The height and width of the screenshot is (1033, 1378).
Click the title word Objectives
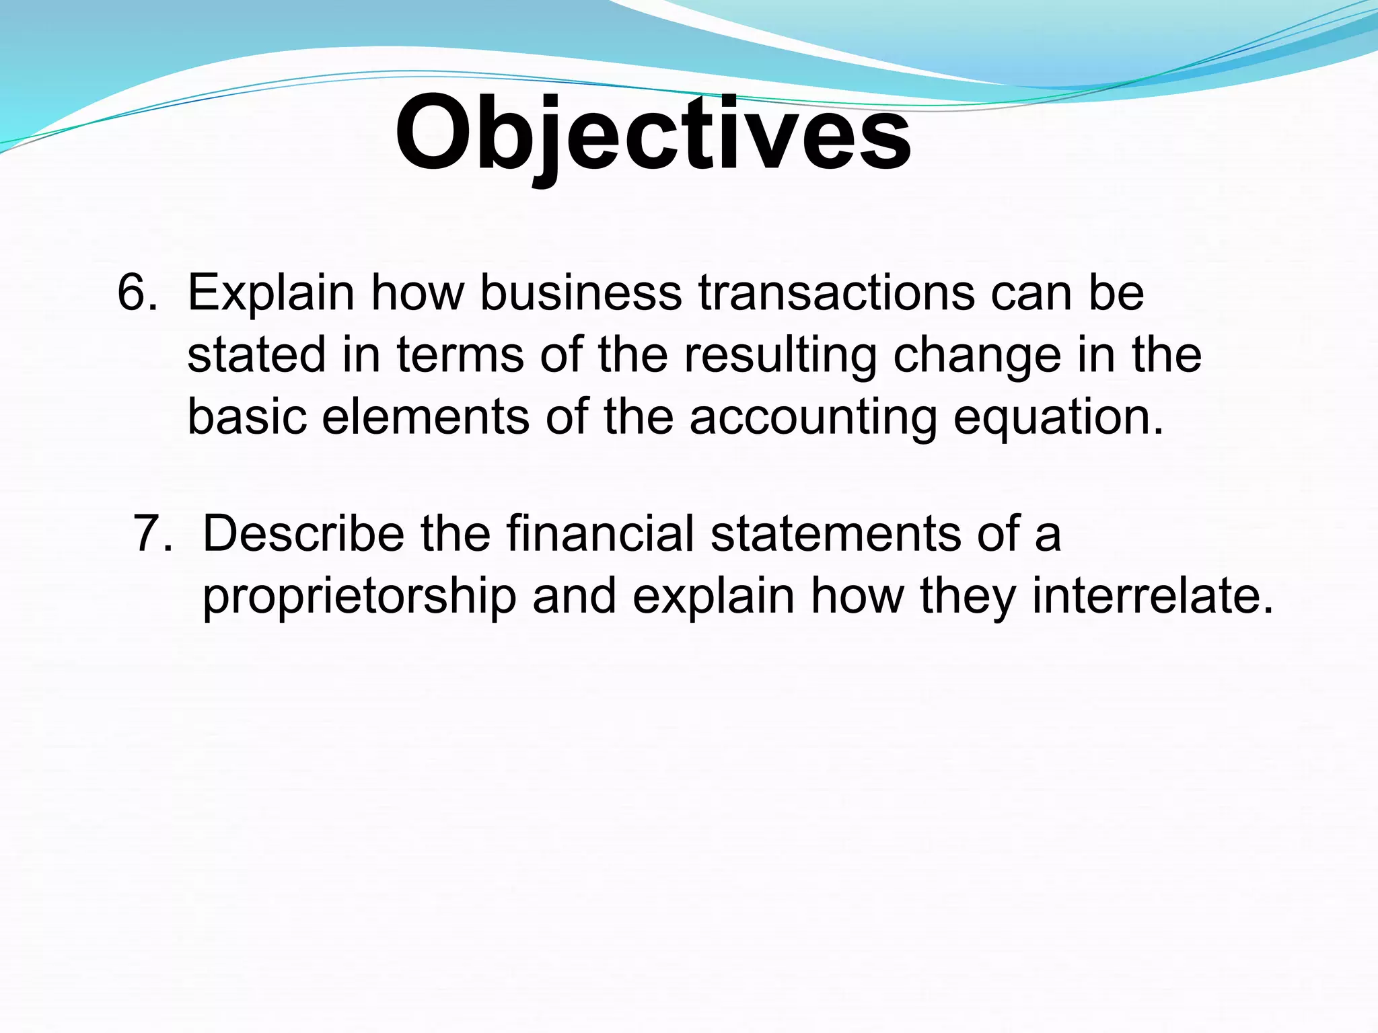coord(653,135)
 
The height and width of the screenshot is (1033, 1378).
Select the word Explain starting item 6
coord(270,294)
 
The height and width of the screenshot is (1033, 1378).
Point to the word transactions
coord(836,294)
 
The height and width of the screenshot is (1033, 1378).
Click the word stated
coord(256,355)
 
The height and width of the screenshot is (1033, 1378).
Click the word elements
coord(426,417)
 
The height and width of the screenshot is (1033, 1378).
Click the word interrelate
coord(1153,596)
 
